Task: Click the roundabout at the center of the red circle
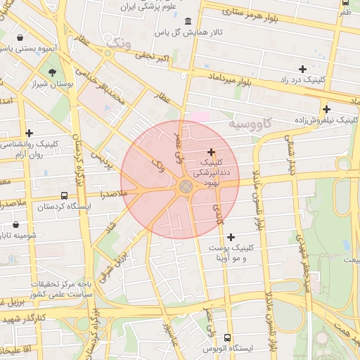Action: [186, 187]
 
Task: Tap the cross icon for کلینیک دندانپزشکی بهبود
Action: [211, 152]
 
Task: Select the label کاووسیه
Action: [249, 124]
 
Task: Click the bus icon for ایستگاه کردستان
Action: [64, 196]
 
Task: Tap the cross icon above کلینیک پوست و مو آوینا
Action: [231, 237]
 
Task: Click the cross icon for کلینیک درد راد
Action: [302, 69]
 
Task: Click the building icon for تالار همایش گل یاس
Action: [187, 20]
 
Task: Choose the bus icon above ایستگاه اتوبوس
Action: [226, 337]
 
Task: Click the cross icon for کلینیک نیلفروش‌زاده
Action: [326, 109]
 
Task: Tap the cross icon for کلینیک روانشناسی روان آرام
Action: [29, 133]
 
